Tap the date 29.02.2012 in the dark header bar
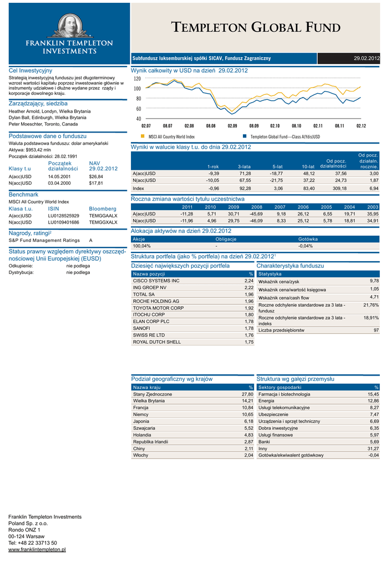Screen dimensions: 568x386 367,58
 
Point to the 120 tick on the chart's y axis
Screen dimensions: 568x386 137,79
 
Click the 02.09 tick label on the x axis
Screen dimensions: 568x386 232,126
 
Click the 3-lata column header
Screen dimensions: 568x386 243,166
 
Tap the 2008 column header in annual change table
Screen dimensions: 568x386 257,206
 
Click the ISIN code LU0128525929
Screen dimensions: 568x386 63,215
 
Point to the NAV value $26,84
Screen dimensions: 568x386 96,176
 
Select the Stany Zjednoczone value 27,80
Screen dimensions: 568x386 247,394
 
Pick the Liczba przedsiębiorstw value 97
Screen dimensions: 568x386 376,330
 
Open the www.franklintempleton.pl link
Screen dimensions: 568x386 37,549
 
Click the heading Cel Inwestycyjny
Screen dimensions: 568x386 31,71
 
